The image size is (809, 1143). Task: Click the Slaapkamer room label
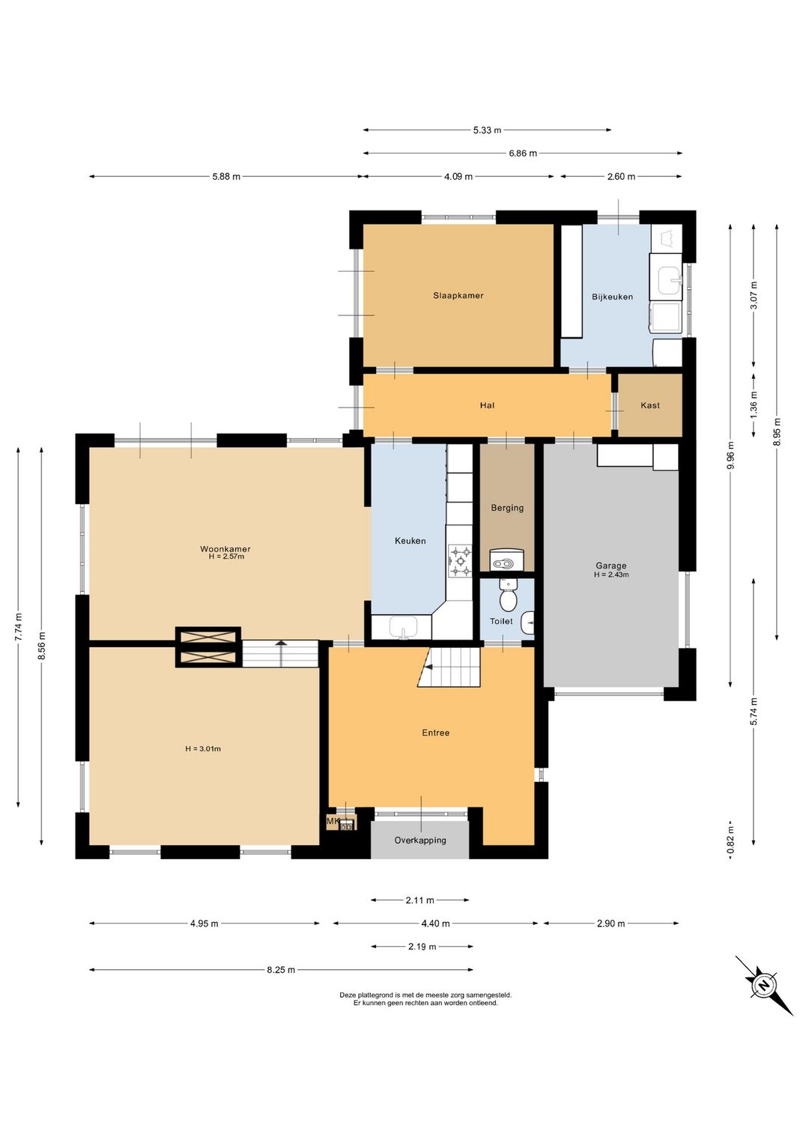(458, 295)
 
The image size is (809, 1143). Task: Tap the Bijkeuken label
(612, 297)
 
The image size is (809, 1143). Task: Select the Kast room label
(649, 405)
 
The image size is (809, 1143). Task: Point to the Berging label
(507, 508)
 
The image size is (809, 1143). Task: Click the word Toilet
(501, 621)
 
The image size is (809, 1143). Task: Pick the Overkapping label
(420, 840)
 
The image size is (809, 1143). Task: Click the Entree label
(435, 733)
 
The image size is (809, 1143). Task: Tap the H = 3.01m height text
(203, 748)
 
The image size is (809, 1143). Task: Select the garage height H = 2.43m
(611, 574)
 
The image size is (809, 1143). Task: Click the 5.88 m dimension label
(226, 177)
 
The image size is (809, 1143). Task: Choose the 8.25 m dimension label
(281, 969)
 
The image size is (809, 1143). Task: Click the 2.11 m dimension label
(419, 900)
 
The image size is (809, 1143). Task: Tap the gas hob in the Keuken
(461, 561)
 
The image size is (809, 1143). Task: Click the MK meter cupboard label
(333, 821)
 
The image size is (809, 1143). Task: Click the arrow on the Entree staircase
(429, 667)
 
